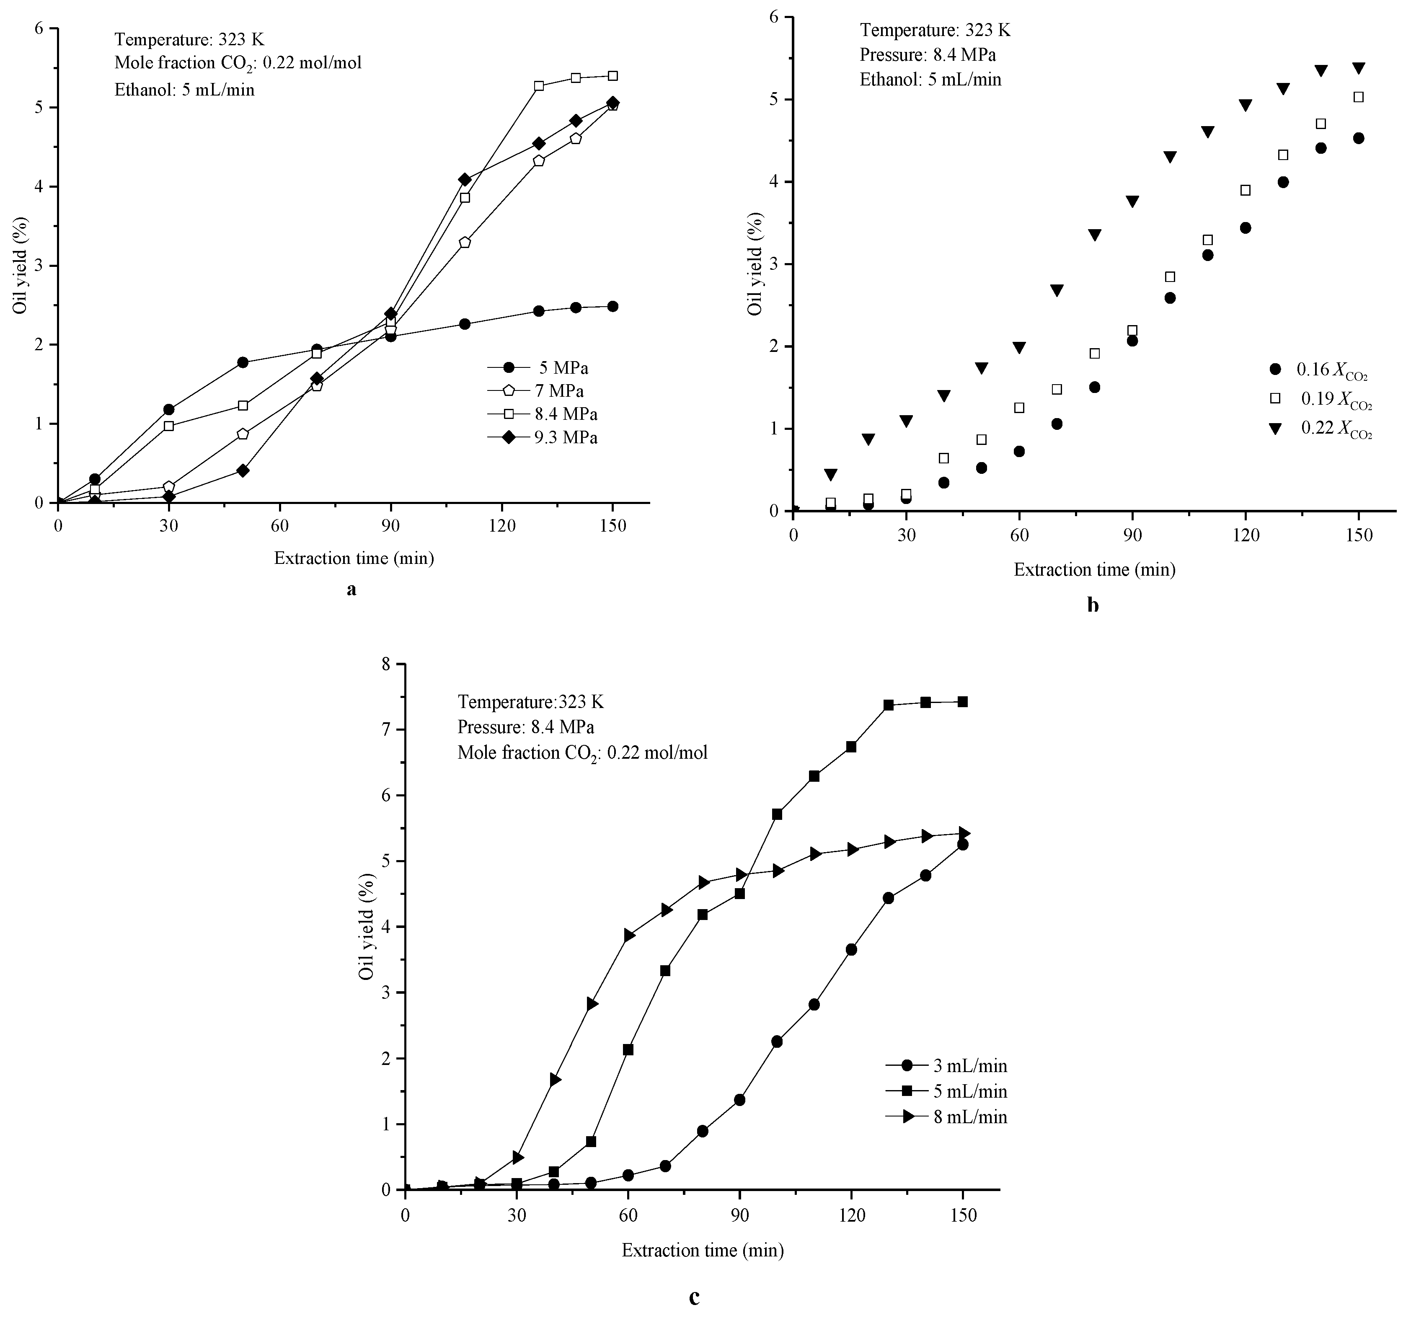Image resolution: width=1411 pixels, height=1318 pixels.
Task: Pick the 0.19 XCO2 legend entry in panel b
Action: pyautogui.click(x=1320, y=400)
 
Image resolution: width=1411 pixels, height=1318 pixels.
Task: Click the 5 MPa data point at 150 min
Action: pyautogui.click(x=612, y=307)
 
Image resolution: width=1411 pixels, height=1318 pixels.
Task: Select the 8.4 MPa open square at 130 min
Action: pyautogui.click(x=539, y=86)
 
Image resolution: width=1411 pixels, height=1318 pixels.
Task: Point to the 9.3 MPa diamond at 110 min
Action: pyautogui.click(x=465, y=180)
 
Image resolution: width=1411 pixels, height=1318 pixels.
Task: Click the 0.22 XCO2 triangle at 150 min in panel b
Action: pyautogui.click(x=1359, y=69)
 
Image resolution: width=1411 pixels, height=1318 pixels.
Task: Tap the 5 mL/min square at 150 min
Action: pyautogui.click(x=962, y=702)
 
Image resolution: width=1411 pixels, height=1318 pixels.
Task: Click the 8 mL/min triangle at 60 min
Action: pyautogui.click(x=629, y=936)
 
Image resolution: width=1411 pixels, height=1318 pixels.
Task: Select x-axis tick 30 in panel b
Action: pyautogui.click(x=906, y=536)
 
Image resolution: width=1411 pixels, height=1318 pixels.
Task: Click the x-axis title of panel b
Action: pyautogui.click(x=1094, y=569)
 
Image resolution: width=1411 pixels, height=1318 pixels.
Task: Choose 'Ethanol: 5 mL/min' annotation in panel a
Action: pyautogui.click(x=184, y=89)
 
